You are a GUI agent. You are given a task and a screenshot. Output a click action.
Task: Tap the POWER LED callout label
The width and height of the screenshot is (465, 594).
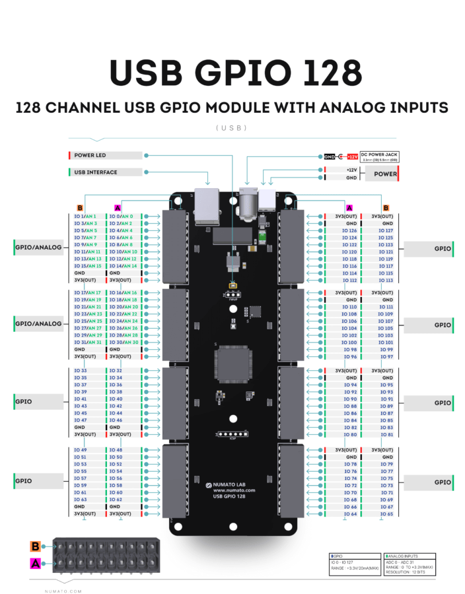pos(91,156)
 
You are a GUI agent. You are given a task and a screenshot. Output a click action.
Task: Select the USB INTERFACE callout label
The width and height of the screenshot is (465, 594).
pos(96,172)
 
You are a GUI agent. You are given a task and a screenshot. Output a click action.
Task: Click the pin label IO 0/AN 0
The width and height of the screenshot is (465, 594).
pos(122,216)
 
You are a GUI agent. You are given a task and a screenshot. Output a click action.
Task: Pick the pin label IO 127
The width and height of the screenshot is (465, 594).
pos(385,231)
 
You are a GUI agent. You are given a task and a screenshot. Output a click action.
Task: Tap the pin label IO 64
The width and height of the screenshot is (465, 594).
pos(350,513)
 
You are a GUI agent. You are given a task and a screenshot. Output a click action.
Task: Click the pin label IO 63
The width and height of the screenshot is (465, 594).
pos(81,500)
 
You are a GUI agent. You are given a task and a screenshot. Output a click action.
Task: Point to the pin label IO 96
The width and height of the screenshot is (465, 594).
pos(350,356)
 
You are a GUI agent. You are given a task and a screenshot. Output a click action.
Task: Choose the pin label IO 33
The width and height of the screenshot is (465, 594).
pos(81,371)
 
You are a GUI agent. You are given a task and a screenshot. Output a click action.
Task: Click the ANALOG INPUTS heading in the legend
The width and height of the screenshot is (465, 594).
pos(402,556)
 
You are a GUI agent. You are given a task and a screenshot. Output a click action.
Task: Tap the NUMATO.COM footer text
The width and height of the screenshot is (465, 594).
pos(63,591)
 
